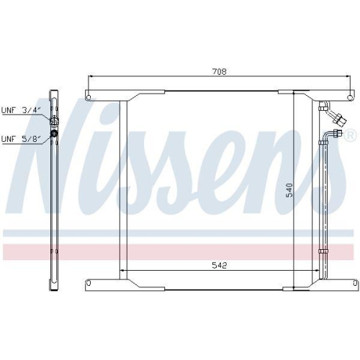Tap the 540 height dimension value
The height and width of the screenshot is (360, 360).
[x=289, y=191]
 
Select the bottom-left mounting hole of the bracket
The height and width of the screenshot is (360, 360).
[x=89, y=283]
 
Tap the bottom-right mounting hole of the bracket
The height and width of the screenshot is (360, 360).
[x=351, y=283]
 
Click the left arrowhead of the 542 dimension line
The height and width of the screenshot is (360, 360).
[x=121, y=271]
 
